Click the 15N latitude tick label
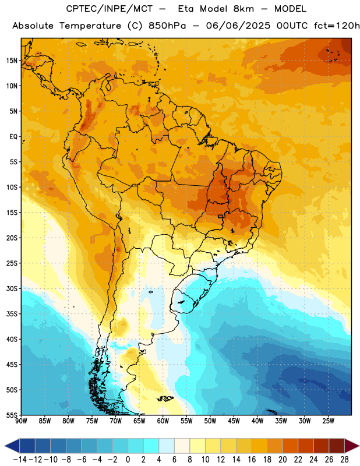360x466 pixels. click(12, 61)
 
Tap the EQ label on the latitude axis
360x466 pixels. click(13, 137)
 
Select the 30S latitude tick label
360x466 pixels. click(12, 288)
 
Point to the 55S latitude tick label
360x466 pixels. click(12, 415)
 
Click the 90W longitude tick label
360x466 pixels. click(21, 421)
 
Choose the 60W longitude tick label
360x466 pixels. click(163, 421)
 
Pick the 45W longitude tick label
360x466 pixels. click(234, 421)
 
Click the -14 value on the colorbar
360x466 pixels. click(20, 460)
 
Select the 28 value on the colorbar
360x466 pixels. click(344, 460)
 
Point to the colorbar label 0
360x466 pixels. click(128, 460)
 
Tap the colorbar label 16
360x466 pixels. click(252, 460)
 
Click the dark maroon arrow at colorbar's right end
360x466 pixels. click(351, 446)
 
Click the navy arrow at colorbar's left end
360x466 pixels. click(12, 446)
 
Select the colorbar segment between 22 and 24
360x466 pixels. click(306, 446)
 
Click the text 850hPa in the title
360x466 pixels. click(167, 26)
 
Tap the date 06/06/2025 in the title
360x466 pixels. click(238, 26)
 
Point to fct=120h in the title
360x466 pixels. click(337, 26)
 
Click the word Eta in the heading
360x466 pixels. click(186, 9)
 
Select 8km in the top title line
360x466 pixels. click(243, 9)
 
